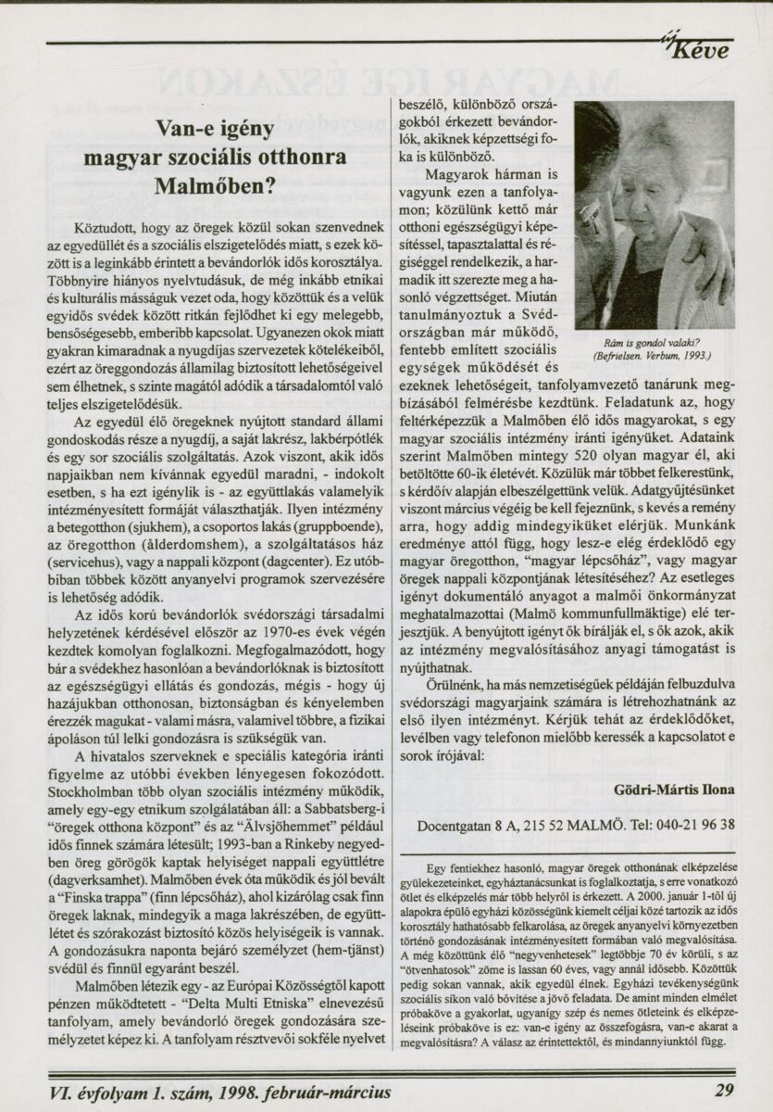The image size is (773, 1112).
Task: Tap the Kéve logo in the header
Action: (x=705, y=49)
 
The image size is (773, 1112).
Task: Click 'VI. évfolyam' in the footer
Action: (x=96, y=1091)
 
